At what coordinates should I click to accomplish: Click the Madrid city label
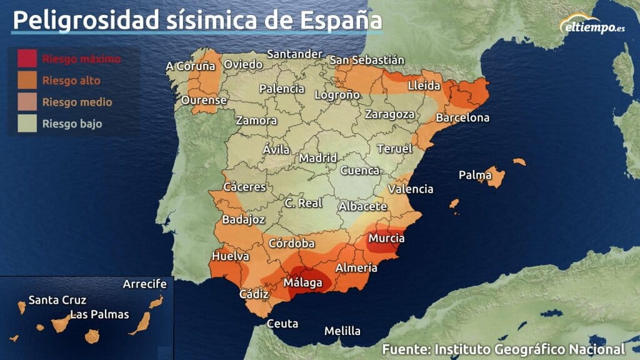318,158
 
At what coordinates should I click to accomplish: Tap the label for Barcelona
462,117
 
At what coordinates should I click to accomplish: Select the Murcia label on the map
386,238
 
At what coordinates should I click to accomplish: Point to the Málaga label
303,283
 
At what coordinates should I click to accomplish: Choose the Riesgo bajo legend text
72,124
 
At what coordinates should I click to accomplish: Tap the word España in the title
341,20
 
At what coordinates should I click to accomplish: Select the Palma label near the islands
475,175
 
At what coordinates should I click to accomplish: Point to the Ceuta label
282,324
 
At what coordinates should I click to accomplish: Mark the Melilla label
342,331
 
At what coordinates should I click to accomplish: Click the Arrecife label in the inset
145,284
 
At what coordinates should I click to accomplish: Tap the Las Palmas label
99,314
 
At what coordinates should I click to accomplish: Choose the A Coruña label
191,66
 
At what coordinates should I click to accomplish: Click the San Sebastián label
367,60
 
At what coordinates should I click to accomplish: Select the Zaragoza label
390,114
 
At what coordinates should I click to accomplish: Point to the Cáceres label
245,187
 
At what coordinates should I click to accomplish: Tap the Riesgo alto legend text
71,81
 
